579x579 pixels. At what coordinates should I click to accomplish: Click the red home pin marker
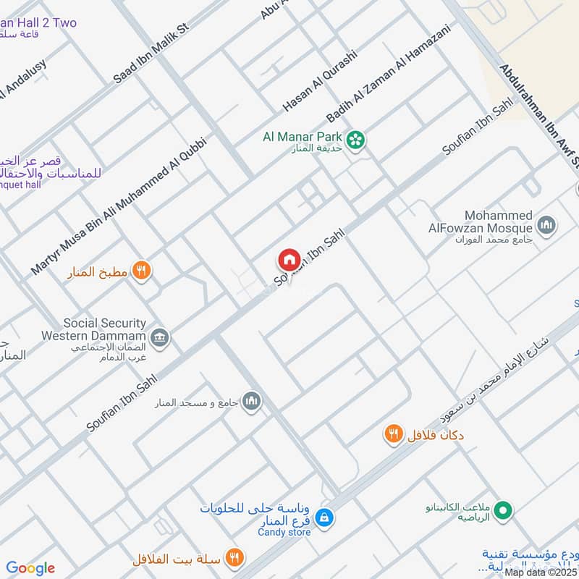[x=289, y=259]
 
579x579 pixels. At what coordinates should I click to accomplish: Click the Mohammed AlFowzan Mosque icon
[x=548, y=225]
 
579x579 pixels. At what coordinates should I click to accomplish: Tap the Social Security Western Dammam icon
[x=160, y=337]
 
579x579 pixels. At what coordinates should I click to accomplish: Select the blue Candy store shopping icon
[x=325, y=516]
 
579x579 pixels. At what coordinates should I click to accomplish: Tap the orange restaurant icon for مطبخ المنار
[x=143, y=271]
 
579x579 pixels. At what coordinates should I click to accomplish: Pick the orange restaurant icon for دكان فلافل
[x=393, y=434]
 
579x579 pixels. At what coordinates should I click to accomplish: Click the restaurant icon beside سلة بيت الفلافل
[x=234, y=558]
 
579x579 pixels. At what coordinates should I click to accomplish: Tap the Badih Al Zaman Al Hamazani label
[x=388, y=73]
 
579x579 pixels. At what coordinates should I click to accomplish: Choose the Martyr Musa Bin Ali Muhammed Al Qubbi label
[x=119, y=206]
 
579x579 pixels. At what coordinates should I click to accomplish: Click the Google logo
[x=30, y=568]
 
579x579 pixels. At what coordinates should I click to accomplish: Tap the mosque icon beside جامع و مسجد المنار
[x=252, y=401]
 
